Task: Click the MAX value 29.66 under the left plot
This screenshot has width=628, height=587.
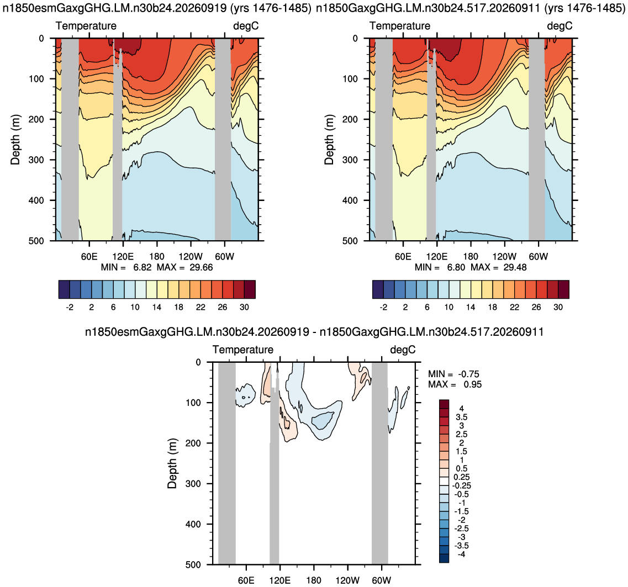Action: click(x=201, y=267)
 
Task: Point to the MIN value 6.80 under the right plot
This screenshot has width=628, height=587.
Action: click(x=456, y=267)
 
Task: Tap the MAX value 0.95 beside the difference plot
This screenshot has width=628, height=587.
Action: click(x=473, y=384)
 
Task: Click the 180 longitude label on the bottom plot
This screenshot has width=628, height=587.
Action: click(x=314, y=580)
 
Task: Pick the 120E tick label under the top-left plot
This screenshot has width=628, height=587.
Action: click(x=123, y=256)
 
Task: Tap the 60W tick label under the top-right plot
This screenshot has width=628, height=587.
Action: click(x=539, y=256)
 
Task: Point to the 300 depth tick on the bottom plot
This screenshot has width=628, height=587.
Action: click(x=194, y=484)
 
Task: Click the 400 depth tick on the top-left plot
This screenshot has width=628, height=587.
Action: click(x=36, y=200)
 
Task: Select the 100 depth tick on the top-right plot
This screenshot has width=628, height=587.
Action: click(x=350, y=79)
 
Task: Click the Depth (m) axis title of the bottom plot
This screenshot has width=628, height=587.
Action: click(x=172, y=463)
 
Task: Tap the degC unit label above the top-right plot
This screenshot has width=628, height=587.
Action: click(x=560, y=26)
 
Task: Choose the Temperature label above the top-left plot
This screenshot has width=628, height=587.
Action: click(x=86, y=26)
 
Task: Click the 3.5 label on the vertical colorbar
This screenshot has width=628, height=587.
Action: click(x=461, y=417)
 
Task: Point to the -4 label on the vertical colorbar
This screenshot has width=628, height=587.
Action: click(x=461, y=554)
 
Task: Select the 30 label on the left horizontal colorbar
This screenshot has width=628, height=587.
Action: click(x=244, y=307)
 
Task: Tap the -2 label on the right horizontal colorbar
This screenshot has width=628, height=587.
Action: click(x=383, y=307)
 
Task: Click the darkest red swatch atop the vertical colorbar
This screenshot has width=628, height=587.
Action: click(x=444, y=404)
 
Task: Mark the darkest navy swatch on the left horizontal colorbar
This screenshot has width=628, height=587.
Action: click(x=64, y=289)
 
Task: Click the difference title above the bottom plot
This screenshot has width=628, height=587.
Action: click(x=314, y=332)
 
